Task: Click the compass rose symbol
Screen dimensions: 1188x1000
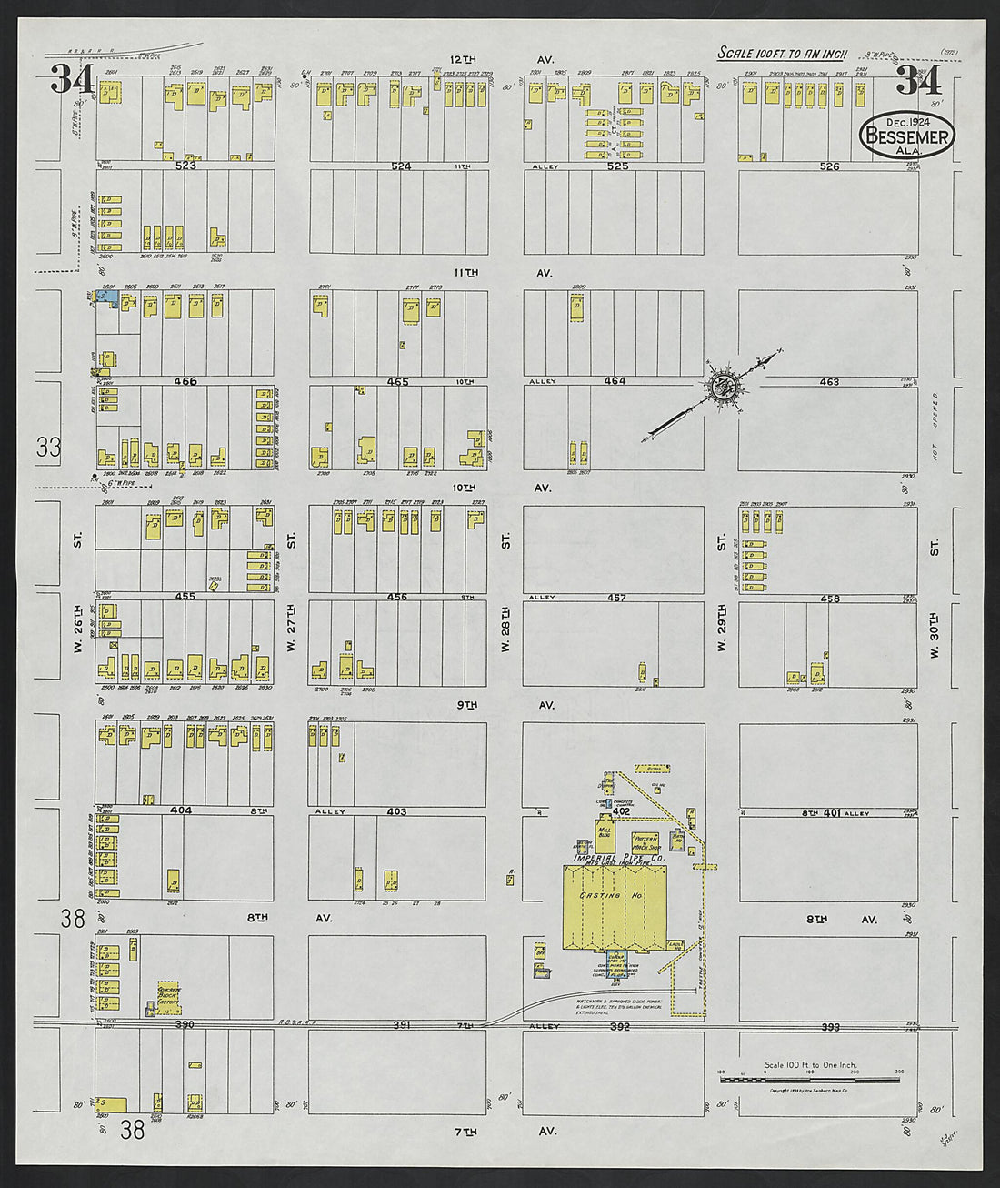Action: pyautogui.click(x=725, y=387)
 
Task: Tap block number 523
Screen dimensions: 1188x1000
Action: pyautogui.click(x=185, y=166)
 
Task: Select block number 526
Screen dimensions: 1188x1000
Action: pyautogui.click(x=828, y=166)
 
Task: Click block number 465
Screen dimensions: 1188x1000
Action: pyautogui.click(x=397, y=382)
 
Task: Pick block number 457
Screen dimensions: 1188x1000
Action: pyautogui.click(x=616, y=598)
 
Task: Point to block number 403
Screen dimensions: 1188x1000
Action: pyautogui.click(x=396, y=811)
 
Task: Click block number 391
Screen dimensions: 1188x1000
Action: pyautogui.click(x=401, y=1025)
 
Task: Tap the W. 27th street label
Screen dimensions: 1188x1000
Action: pyautogui.click(x=291, y=628)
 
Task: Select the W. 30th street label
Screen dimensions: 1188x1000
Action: pyautogui.click(x=934, y=628)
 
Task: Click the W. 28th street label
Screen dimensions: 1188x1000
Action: pyautogui.click(x=506, y=628)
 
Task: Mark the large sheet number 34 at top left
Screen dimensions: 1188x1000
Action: pyautogui.click(x=72, y=80)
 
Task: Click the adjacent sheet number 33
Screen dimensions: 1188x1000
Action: pyautogui.click(x=49, y=447)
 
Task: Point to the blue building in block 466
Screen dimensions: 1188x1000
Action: pyautogui.click(x=105, y=297)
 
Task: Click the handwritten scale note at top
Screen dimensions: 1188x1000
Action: pyautogui.click(x=782, y=54)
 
